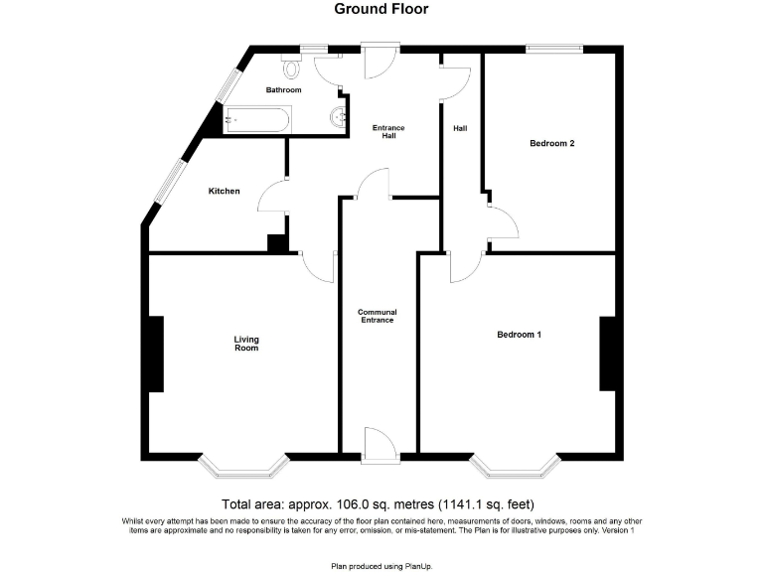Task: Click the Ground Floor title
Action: (381, 9)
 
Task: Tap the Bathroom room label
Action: (283, 90)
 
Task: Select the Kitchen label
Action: (224, 191)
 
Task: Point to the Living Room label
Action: (246, 344)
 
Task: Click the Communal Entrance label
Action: (378, 316)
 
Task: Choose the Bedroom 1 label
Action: (519, 335)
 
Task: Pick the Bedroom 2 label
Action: (551, 144)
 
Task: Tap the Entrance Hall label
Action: (388, 132)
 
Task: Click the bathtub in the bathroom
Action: (256, 120)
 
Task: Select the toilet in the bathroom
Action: (292, 67)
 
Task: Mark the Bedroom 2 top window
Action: (554, 48)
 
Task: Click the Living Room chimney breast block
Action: (155, 354)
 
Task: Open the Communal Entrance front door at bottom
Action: (381, 444)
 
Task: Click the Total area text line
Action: (381, 503)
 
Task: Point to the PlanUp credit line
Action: (381, 566)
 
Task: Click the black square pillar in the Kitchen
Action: (277, 242)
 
